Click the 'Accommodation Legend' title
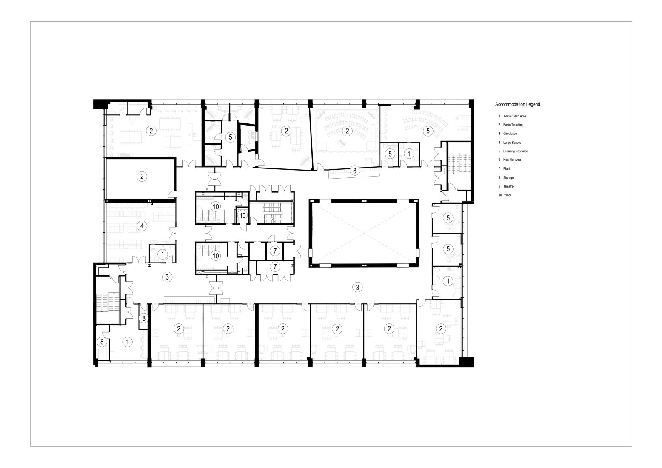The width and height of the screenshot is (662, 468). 517,104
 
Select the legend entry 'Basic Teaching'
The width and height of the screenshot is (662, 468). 513,125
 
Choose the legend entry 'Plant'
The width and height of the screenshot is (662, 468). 506,168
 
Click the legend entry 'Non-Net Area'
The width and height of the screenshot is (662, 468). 512,160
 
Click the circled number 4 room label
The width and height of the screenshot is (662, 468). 142,226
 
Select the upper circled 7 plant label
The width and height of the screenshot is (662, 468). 275,251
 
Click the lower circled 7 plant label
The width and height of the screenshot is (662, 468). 275,267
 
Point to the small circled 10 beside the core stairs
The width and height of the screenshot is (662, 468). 242,216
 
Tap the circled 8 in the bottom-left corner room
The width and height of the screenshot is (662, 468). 101,341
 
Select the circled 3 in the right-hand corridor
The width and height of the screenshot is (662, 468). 358,288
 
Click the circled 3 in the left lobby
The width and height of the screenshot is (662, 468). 168,277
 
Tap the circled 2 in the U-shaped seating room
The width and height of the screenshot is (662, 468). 348,130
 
